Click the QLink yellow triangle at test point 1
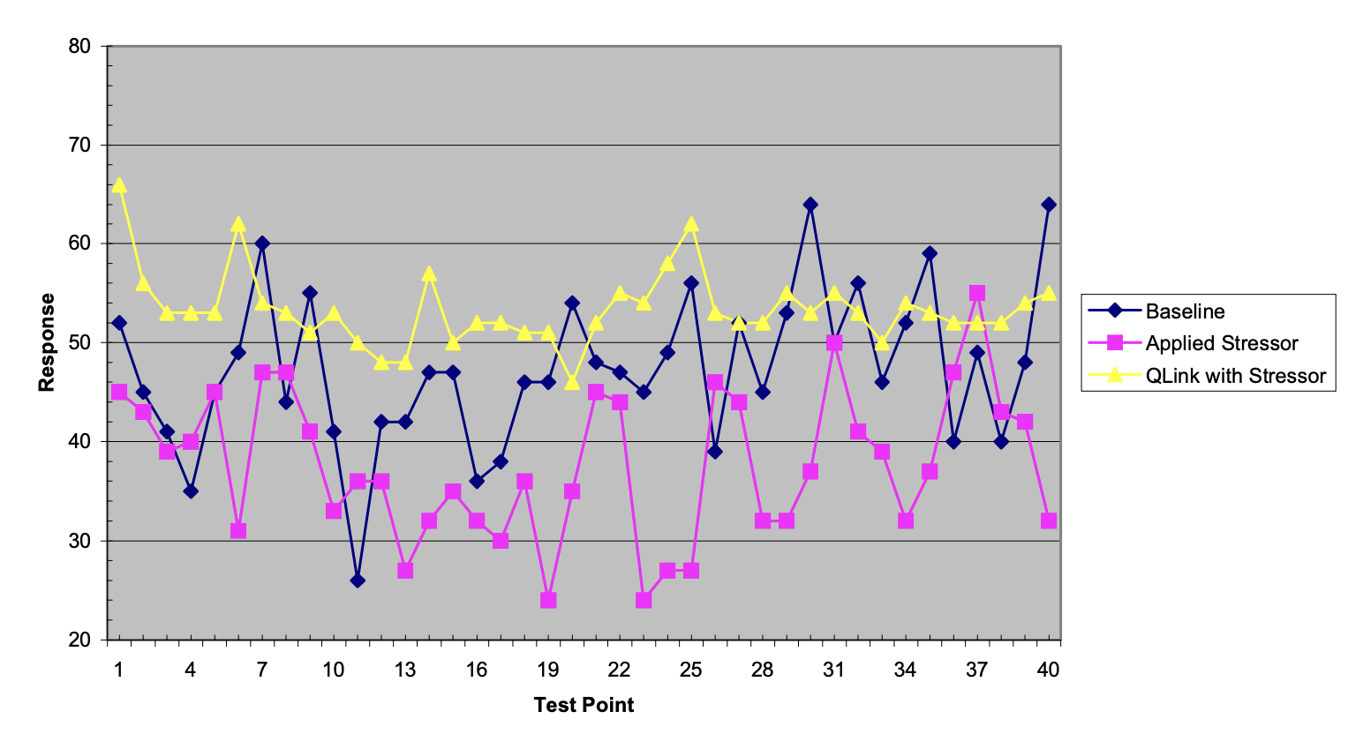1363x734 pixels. (119, 185)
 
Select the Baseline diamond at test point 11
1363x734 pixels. (358, 580)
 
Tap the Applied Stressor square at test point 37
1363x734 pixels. (977, 293)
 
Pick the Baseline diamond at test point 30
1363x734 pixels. (810, 205)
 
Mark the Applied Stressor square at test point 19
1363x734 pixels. (548, 600)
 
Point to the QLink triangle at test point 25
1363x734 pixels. (691, 224)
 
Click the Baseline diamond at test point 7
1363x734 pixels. (262, 243)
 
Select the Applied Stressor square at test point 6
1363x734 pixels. (238, 530)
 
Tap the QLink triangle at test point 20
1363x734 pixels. (572, 382)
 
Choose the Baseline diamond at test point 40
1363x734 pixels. (1049, 205)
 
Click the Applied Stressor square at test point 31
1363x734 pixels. (834, 343)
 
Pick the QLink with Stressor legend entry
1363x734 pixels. (1235, 376)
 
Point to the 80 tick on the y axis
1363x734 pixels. (79, 46)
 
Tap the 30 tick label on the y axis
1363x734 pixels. (79, 541)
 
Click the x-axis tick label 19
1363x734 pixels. (548, 670)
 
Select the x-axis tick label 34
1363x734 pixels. (906, 670)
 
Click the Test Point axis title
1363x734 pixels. (584, 705)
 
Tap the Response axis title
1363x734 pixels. (47, 342)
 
